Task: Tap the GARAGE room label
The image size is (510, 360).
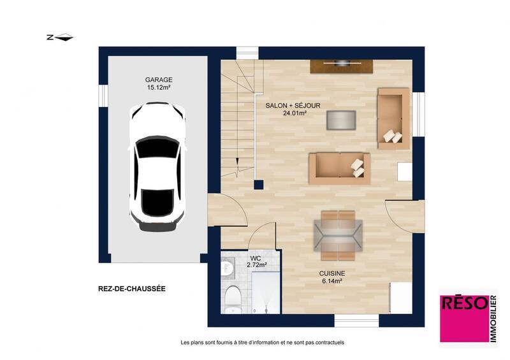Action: click(x=158, y=80)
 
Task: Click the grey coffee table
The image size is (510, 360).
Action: click(x=342, y=120)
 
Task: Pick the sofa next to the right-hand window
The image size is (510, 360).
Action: click(x=393, y=119)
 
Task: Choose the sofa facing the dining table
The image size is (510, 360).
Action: click(x=339, y=166)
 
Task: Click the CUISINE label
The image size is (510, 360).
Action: click(x=332, y=273)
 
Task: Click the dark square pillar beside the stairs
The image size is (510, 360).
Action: click(x=258, y=185)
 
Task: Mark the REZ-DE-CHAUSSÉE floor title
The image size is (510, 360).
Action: click(x=132, y=289)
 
